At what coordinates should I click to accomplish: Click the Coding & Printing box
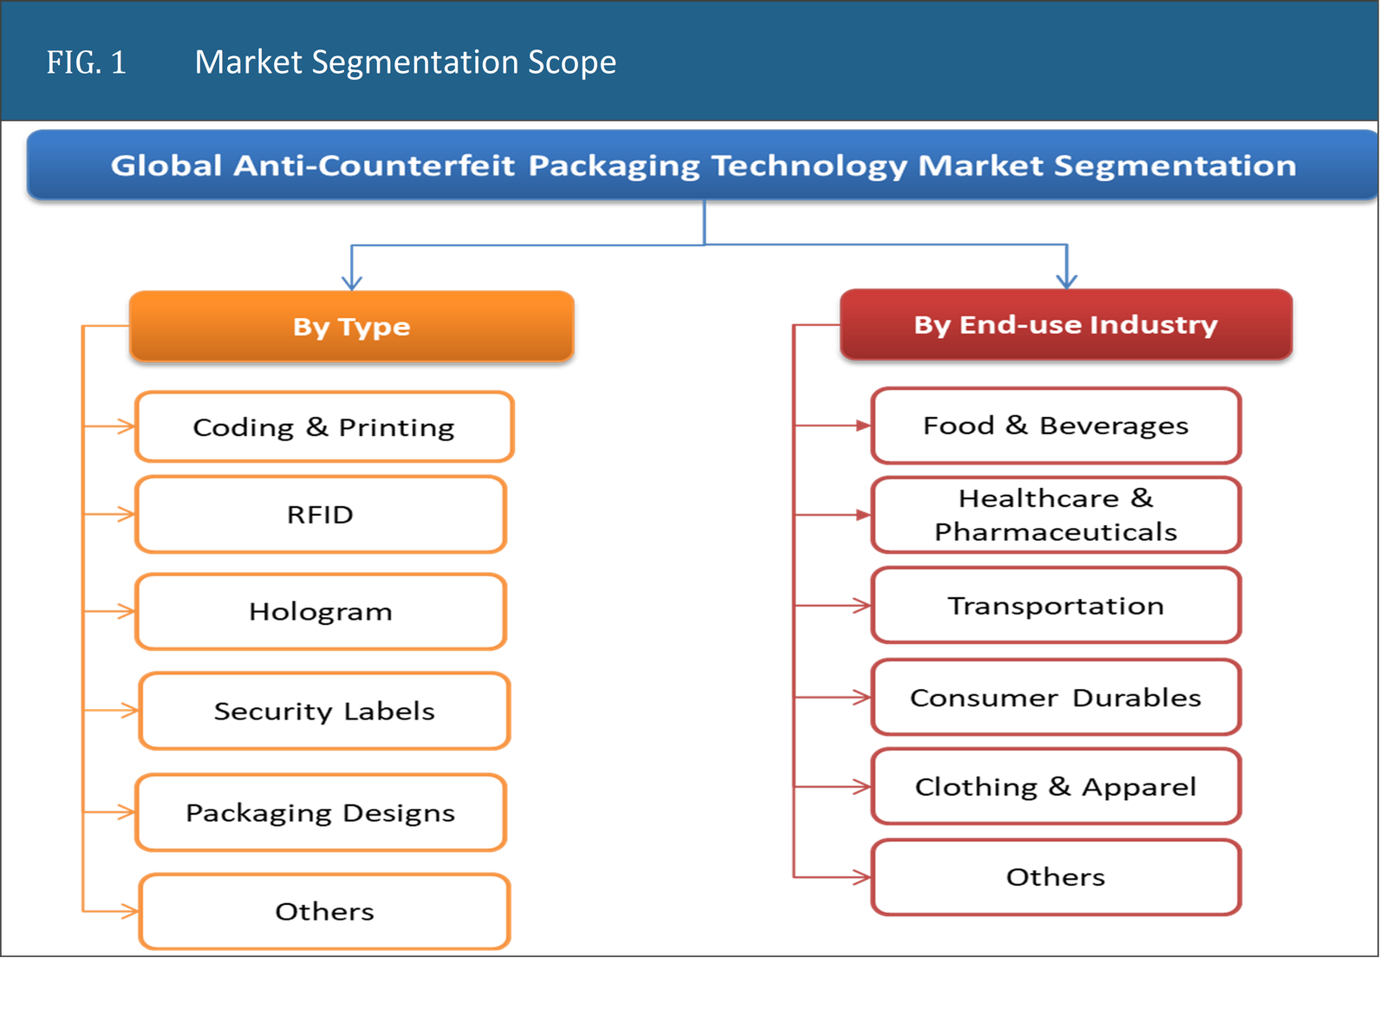tap(324, 426)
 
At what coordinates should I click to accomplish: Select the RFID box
tap(320, 515)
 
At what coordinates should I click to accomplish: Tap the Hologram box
tap(320, 612)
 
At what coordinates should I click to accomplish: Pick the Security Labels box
tap(324, 711)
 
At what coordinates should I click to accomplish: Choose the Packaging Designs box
tap(320, 813)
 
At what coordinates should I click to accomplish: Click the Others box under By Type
tap(324, 912)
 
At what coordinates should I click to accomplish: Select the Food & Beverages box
tap(1055, 426)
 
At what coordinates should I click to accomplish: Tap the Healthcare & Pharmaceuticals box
tap(1055, 515)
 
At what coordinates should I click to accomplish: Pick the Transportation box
tap(1055, 606)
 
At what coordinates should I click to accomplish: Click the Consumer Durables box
tap(1055, 698)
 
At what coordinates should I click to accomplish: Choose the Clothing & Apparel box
tap(1055, 787)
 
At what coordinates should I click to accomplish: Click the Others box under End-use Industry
tap(1055, 877)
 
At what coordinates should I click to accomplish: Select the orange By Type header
tap(351, 326)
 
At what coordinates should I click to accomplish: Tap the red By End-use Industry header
tap(1065, 324)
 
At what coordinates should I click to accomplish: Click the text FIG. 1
tap(86, 62)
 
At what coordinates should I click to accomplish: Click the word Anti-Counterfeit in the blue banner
tap(374, 165)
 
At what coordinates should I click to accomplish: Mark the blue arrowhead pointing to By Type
tap(351, 280)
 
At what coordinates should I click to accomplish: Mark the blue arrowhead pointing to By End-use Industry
tap(1066, 279)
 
